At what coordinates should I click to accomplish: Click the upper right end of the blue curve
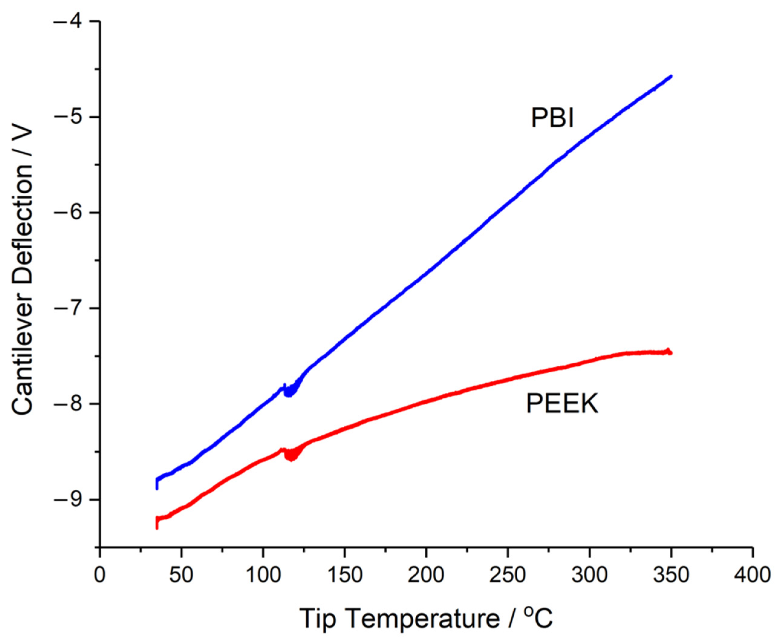[671, 76]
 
